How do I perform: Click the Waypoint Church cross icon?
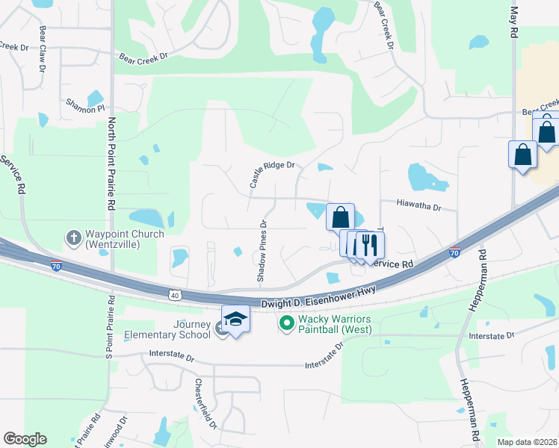pyautogui.click(x=73, y=238)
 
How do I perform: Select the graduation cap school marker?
pyautogui.click(x=235, y=319)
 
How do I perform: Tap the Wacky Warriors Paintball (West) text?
pyautogui.click(x=336, y=323)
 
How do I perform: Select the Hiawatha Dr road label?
pyautogui.click(x=419, y=204)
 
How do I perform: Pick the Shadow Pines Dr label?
pyautogui.click(x=262, y=251)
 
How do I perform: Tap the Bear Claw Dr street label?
pyautogui.click(x=43, y=49)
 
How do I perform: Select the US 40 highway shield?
pyautogui.click(x=175, y=296)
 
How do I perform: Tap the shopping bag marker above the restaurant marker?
pyautogui.click(x=341, y=217)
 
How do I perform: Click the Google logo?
pyautogui.click(x=25, y=439)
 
